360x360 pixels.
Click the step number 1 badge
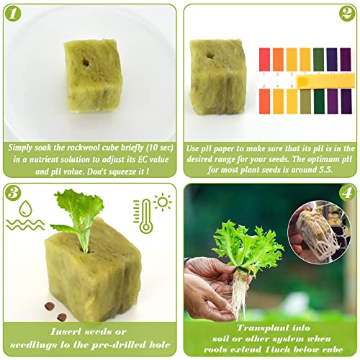pyautogui.click(x=13, y=14)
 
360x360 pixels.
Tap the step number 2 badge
pyautogui.click(x=347, y=14)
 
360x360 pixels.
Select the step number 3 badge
pyautogui.click(x=13, y=193)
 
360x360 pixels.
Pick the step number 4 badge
pyautogui.click(x=347, y=193)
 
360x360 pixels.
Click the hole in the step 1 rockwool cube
pyautogui.click(x=86, y=63)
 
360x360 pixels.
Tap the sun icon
pyautogui.click(x=163, y=202)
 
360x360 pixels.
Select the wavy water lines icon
pyautogui.click(x=25, y=225)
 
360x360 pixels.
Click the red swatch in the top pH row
pyautogui.click(x=264, y=60)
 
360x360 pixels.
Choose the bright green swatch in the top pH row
pyautogui.click(x=318, y=60)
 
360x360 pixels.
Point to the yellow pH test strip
pyautogui.click(x=325, y=81)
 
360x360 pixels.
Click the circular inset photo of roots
pyautogui.click(x=320, y=233)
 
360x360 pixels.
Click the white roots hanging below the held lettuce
pyautogui.click(x=239, y=294)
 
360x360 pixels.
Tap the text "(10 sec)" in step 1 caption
pyautogui.click(x=160, y=148)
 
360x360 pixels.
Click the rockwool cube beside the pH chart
pyautogui.click(x=217, y=77)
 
